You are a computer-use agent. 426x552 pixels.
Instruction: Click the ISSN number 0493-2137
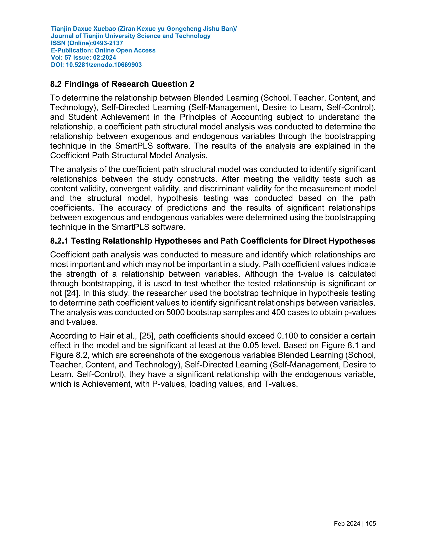coord(108,43)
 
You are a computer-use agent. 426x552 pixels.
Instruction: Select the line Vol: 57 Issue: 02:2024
coord(84,58)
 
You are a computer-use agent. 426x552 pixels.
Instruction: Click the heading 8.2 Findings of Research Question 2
coord(122,84)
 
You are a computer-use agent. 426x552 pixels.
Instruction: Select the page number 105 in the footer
coord(371,524)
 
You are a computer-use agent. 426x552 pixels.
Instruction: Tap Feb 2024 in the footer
coord(347,524)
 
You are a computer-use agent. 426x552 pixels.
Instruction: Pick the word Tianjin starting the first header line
coord(61,29)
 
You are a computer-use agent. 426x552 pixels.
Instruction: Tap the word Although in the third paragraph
coord(261,274)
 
